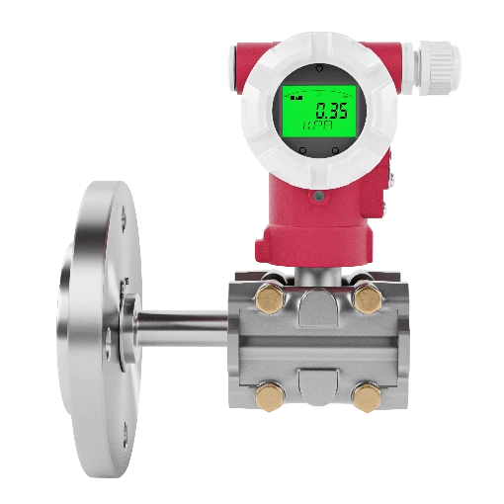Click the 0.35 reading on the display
pos(331,111)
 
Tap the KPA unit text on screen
pos(317,126)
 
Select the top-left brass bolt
pos(270,298)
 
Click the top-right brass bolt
pos(369,299)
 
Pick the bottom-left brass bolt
pos(270,397)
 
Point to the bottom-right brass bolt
pos(368,397)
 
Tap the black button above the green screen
pos(319,69)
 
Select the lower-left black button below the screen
pos(302,151)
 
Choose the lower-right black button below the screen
pos(335,151)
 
